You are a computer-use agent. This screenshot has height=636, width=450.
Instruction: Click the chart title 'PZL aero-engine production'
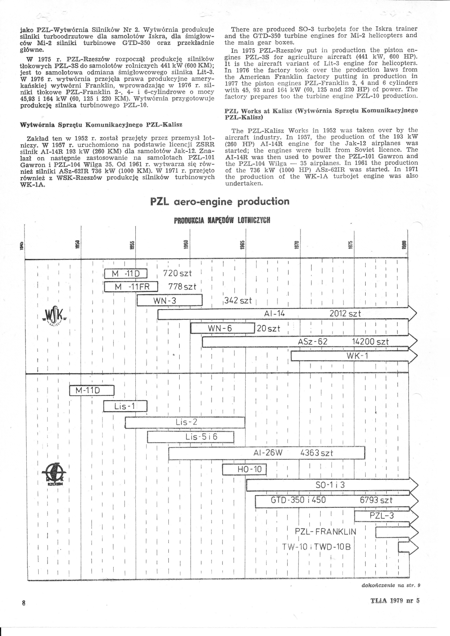click(220, 202)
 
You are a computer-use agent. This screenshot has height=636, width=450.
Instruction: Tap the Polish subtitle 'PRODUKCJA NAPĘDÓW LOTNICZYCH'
click(222, 220)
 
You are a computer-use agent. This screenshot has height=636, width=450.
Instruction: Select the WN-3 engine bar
click(169, 301)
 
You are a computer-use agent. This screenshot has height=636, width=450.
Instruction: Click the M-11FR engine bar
click(131, 287)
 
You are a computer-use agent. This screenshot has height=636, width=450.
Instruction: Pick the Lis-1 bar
click(125, 406)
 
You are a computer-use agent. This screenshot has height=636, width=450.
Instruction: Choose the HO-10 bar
click(244, 469)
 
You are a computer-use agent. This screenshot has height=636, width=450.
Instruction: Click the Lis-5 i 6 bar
click(190, 437)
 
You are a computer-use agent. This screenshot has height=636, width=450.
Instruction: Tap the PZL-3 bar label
click(381, 516)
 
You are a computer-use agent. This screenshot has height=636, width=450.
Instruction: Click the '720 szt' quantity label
click(177, 273)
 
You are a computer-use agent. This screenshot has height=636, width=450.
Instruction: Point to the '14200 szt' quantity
click(370, 341)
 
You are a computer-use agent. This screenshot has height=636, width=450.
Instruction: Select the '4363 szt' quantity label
click(316, 453)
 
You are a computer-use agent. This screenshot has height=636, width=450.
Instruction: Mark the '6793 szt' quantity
click(376, 500)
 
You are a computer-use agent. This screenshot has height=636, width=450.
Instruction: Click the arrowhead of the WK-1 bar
click(413, 356)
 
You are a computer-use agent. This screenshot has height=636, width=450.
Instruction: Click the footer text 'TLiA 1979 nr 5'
click(395, 600)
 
